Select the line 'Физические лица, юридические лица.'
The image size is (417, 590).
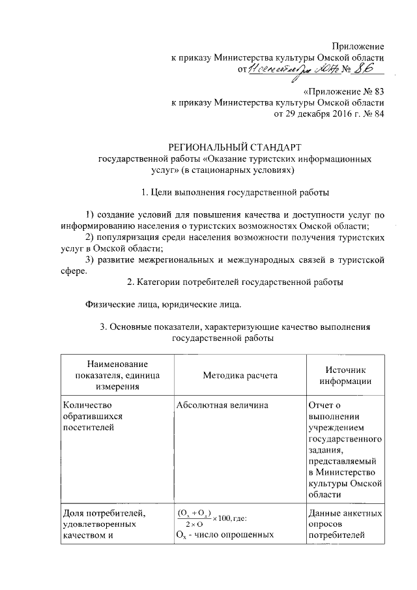click(164, 304)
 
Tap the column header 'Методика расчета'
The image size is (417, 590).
click(239, 376)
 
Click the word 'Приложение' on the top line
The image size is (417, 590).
click(358, 46)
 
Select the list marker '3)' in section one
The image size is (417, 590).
click(91, 260)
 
